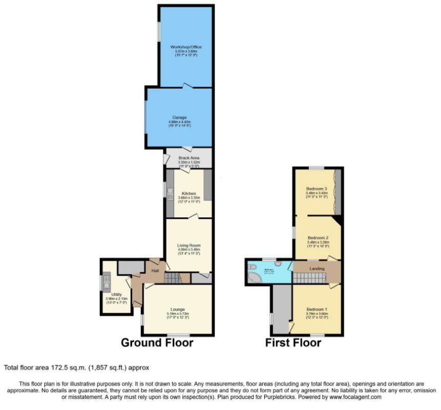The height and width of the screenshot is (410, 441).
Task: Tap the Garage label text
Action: (x=179, y=117)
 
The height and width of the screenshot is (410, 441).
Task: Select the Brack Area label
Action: (x=188, y=158)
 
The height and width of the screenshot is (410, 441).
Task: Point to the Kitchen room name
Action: (x=189, y=193)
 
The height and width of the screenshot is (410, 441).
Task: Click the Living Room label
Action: (x=188, y=245)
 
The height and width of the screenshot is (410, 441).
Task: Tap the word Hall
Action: (x=155, y=271)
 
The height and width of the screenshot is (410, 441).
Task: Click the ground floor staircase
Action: (x=173, y=278)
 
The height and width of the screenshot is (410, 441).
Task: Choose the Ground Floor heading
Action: (x=157, y=342)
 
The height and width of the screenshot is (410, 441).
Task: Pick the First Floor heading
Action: (x=293, y=342)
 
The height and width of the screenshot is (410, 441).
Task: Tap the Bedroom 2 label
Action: (x=318, y=237)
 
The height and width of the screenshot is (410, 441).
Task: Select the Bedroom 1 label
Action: (x=316, y=309)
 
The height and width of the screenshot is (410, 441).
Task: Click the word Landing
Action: (x=318, y=268)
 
